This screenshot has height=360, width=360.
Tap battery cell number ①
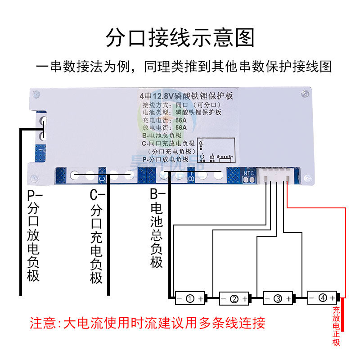coord(189,298)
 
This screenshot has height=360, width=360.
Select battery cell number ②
coord(234,298)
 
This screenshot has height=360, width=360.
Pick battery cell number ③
coord(278,298)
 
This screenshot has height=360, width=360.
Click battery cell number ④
coord(322,297)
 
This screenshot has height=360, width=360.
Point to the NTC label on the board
coord(249,172)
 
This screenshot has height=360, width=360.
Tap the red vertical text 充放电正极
coord(336,326)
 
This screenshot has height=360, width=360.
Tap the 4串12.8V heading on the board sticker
coord(186,96)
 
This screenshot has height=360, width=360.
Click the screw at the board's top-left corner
coord(37,94)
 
